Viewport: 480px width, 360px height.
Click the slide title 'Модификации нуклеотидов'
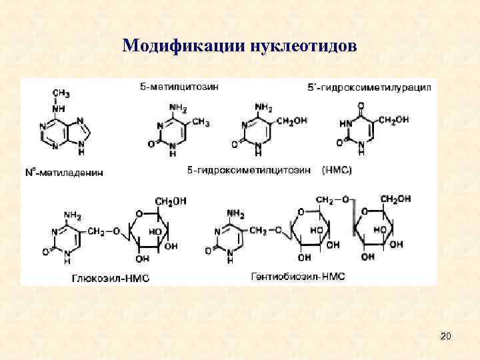pyautogui.click(x=239, y=46)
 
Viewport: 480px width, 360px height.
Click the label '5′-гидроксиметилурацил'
pyautogui.click(x=369, y=87)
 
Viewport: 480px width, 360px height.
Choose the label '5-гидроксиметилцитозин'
pyautogui.click(x=249, y=171)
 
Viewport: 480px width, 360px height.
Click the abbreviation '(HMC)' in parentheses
pyautogui.click(x=337, y=171)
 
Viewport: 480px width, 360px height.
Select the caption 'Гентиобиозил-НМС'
pyautogui.click(x=298, y=275)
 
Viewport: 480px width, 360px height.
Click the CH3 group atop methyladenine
pyautogui.click(x=61, y=93)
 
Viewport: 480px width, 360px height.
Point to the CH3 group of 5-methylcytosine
pyautogui.click(x=200, y=123)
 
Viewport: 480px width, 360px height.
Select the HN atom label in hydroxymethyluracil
pyautogui.click(x=344, y=123)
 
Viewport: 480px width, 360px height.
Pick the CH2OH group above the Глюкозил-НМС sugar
pyautogui.click(x=171, y=201)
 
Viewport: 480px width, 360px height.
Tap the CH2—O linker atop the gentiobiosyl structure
pyautogui.click(x=333, y=199)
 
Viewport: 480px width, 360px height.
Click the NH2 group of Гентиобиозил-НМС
pyautogui.click(x=237, y=213)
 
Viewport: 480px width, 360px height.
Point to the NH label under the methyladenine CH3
pyautogui.click(x=59, y=107)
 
